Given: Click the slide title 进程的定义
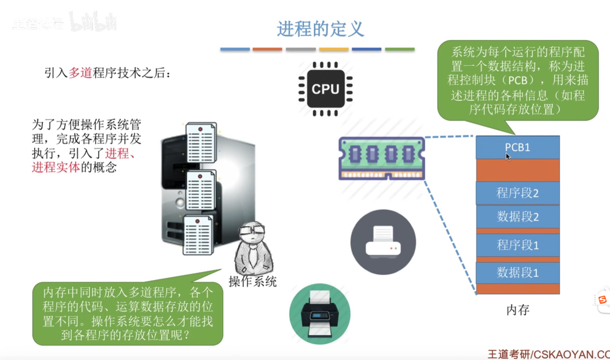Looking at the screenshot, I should click(x=320, y=29).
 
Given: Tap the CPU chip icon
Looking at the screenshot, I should click(x=326, y=89).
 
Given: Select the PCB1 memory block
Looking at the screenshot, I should click(x=517, y=147).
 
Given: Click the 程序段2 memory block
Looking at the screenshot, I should click(x=517, y=193).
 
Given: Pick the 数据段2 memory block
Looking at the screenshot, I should click(x=517, y=216).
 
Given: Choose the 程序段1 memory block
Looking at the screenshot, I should click(x=517, y=245).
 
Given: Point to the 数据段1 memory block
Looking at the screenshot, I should click(x=517, y=273).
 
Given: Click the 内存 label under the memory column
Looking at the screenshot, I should click(x=518, y=310).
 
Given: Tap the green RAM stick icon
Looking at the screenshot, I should click(x=382, y=158).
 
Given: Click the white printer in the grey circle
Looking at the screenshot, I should click(x=383, y=242).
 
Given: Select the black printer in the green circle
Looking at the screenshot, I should click(x=320, y=314).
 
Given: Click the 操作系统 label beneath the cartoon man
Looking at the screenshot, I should click(x=253, y=282).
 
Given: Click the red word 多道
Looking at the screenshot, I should click(x=80, y=73).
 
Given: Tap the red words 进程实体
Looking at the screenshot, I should click(x=56, y=168).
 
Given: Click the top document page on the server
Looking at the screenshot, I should click(x=201, y=143).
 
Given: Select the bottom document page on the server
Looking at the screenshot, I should click(x=198, y=235).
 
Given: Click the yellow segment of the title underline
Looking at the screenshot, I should click(x=334, y=49).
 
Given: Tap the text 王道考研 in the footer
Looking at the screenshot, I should click(x=509, y=354).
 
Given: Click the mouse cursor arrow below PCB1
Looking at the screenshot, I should click(x=508, y=157).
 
